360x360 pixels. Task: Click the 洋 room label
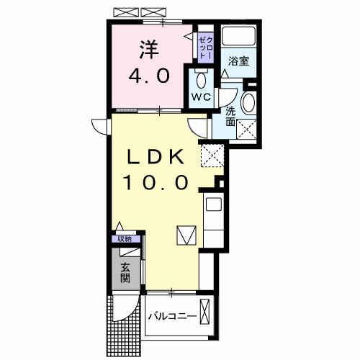point(149,50)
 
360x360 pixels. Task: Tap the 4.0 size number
point(149,75)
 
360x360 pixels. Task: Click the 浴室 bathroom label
point(239,61)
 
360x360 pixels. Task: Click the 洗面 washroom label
point(230,116)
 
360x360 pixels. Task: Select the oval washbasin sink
point(248,103)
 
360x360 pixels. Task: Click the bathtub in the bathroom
point(238,36)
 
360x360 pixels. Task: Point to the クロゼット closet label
point(204,45)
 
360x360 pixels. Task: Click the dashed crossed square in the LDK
point(213,154)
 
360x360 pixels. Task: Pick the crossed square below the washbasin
point(248,130)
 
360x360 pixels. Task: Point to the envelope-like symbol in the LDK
point(186,235)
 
